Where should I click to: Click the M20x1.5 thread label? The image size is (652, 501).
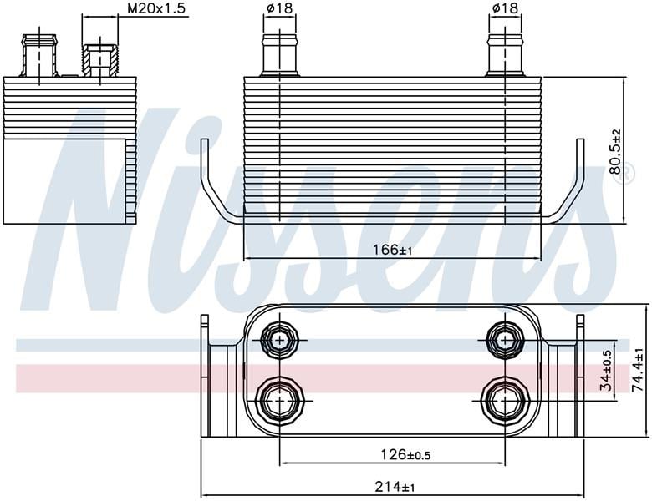coord(156,8)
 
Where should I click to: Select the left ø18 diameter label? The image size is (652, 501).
coord(279,8)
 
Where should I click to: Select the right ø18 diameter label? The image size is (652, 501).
coord(505,8)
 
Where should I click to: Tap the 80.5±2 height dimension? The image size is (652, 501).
coord(614,151)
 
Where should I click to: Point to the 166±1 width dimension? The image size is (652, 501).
coord(393,250)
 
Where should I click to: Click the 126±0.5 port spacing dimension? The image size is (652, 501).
coord(406,455)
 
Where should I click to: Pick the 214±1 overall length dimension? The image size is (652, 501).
coord(395,486)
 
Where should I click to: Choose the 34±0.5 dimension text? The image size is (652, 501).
coord(607,370)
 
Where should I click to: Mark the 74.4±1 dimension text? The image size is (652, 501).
coord(638,370)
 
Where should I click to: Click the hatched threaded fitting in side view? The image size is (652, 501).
coord(100,60)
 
